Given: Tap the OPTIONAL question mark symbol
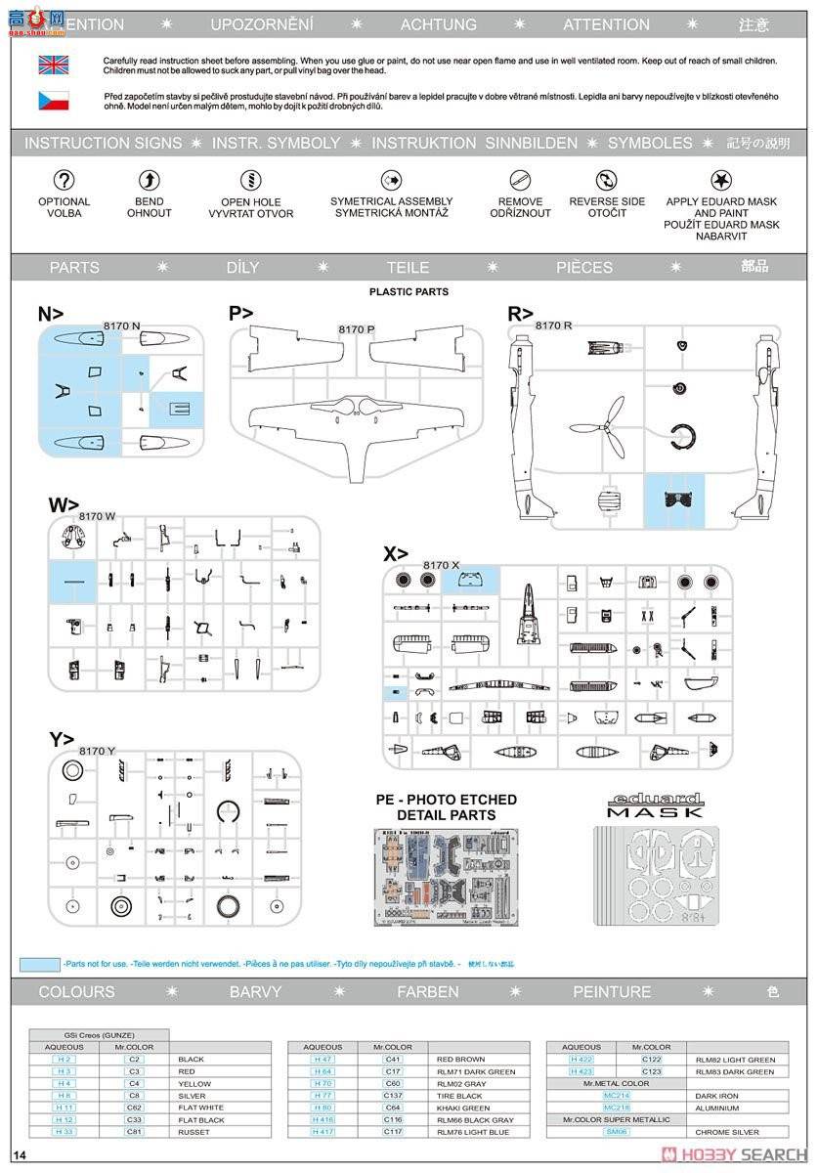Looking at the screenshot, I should coord(64,180).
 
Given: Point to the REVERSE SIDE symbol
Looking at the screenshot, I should coord(607,180).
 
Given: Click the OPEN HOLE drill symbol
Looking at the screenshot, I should coord(250,180).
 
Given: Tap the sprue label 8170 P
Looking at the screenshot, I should coord(357,329).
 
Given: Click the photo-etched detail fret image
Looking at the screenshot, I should coord(446,877).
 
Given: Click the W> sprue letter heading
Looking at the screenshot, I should coord(64,504).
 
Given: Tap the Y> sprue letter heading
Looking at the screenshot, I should coord(62,739).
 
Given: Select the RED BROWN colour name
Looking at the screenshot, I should coord(460,1060).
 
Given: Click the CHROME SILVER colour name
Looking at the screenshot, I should coord(726,1132).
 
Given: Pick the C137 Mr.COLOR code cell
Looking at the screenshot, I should coord(393,1096).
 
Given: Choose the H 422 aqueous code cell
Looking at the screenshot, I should coord(581,1060).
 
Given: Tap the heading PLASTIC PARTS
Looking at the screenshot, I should coord(409,292).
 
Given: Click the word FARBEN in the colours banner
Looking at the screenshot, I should coord(427,991).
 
